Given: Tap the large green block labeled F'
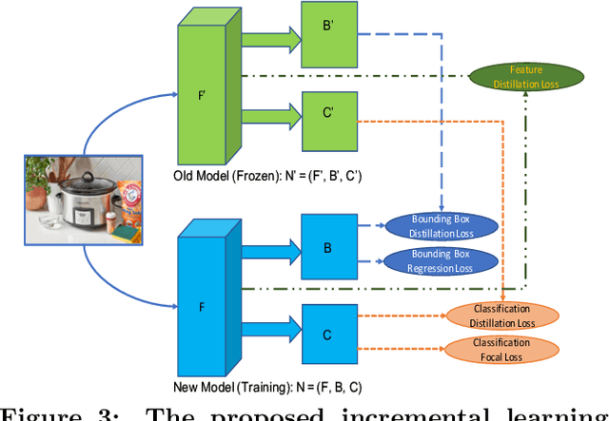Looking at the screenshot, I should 203,95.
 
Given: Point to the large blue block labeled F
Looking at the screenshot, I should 203,306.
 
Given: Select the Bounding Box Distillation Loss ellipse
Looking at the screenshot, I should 441,226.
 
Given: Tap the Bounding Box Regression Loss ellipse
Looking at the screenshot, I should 441,261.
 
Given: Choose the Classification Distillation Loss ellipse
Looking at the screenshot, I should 501,316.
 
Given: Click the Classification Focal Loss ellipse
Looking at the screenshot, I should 501,349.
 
